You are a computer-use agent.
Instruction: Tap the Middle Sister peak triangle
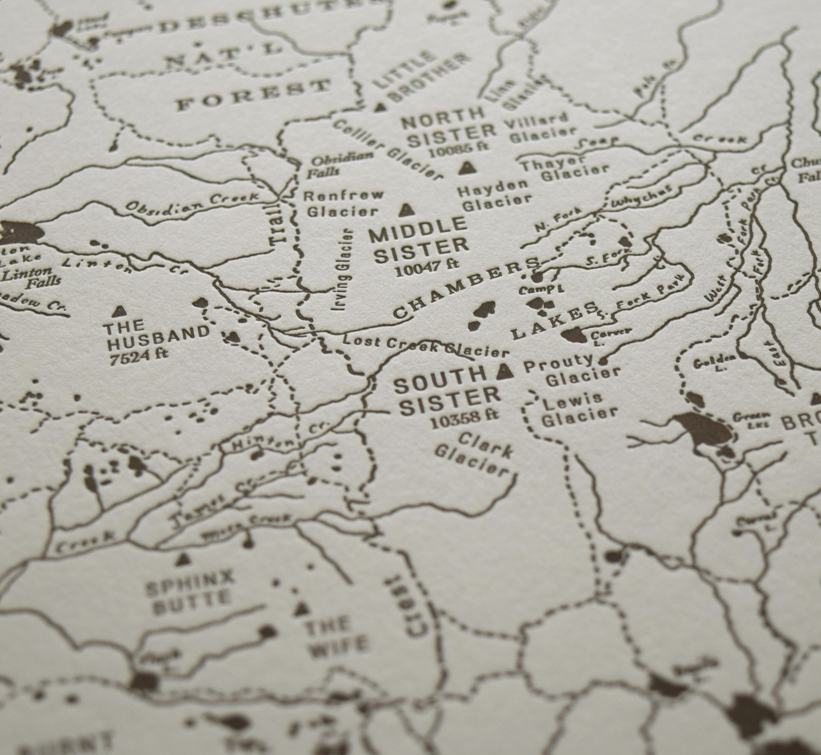tap(405, 210)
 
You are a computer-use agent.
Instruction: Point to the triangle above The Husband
tap(119, 311)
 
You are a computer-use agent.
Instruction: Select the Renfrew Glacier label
tap(342, 203)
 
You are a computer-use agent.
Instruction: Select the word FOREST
tap(253, 94)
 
